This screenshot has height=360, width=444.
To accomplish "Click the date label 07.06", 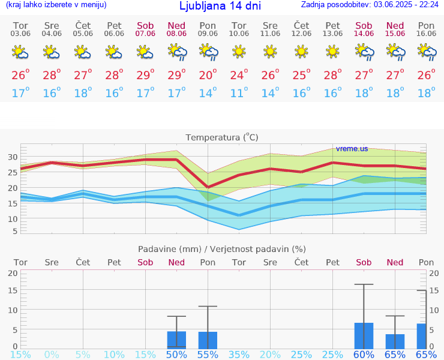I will click(x=145, y=34).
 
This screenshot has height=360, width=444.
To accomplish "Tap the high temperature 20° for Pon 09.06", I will click(x=208, y=76).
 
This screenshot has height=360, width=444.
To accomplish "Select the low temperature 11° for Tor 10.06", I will click(x=239, y=94).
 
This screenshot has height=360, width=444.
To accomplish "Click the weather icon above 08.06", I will click(x=176, y=53).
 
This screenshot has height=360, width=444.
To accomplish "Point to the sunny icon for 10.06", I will click(x=239, y=52).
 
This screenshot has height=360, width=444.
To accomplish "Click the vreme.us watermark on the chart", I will click(x=352, y=148).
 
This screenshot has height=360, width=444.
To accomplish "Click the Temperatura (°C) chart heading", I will click(x=222, y=137).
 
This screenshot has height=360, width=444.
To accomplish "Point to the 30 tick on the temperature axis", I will click(x=11, y=157).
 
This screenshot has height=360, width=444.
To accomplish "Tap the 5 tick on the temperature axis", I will click(x=14, y=231).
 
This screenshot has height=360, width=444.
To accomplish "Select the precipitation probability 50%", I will click(x=176, y=355).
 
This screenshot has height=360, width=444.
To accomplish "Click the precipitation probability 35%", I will click(x=239, y=355).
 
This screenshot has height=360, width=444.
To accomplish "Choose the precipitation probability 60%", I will click(x=364, y=355).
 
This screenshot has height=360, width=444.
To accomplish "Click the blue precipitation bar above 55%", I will click(x=208, y=340).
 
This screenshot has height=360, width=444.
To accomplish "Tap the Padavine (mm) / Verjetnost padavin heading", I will click(x=222, y=249).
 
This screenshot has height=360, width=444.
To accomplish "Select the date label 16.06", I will click(x=426, y=34).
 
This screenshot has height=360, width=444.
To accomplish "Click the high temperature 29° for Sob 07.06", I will click(x=145, y=76).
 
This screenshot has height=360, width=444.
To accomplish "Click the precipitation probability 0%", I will click(x=52, y=355).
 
